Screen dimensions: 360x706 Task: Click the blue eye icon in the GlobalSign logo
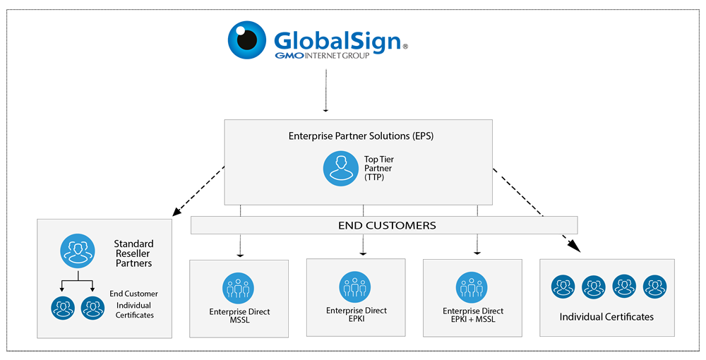coord(247,40)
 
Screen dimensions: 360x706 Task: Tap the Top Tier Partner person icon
coord(340,169)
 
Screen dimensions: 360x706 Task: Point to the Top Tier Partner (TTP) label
coord(379,169)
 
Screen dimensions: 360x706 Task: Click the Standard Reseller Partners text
coord(133,253)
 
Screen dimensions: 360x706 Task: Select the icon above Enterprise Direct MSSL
coord(239,289)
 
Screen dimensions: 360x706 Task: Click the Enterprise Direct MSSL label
coord(239,316)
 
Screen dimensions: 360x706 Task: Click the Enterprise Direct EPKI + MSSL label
coord(472,316)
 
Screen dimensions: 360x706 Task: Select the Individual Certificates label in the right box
coord(606,317)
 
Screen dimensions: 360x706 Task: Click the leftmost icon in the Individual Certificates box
coord(563,287)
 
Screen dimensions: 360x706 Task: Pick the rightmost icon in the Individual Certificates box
coord(655,287)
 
